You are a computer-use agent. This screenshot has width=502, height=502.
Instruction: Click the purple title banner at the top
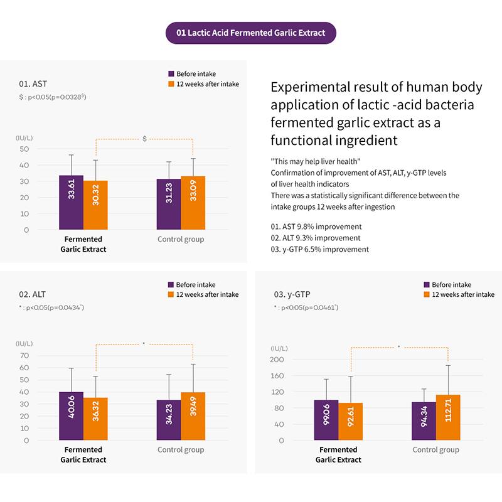[251, 33]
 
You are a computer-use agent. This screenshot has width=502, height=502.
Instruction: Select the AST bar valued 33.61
[71, 202]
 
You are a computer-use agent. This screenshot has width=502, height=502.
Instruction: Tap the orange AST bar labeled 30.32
[95, 205]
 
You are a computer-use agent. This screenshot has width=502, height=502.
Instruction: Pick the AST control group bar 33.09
[193, 203]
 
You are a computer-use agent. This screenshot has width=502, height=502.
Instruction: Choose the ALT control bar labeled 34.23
[169, 420]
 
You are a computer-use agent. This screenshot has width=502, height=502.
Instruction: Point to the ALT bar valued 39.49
[193, 415]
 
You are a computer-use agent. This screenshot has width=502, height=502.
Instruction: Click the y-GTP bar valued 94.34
[424, 422]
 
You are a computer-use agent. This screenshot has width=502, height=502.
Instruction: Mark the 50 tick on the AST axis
[24, 149]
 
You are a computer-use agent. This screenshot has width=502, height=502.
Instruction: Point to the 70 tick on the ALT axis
[24, 356]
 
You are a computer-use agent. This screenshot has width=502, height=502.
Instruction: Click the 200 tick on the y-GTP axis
[277, 360]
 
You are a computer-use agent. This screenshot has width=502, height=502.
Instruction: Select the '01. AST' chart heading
[33, 83]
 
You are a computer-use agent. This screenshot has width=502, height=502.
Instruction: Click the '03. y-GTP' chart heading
[292, 294]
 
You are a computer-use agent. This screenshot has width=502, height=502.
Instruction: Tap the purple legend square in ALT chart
[171, 284]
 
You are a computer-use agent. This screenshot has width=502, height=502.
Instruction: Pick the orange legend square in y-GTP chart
[426, 294]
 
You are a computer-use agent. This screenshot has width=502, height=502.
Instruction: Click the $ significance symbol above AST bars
[144, 138]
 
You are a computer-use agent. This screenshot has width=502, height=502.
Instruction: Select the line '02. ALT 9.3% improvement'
[316, 238]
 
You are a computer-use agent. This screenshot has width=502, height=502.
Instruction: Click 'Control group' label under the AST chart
[181, 239]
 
